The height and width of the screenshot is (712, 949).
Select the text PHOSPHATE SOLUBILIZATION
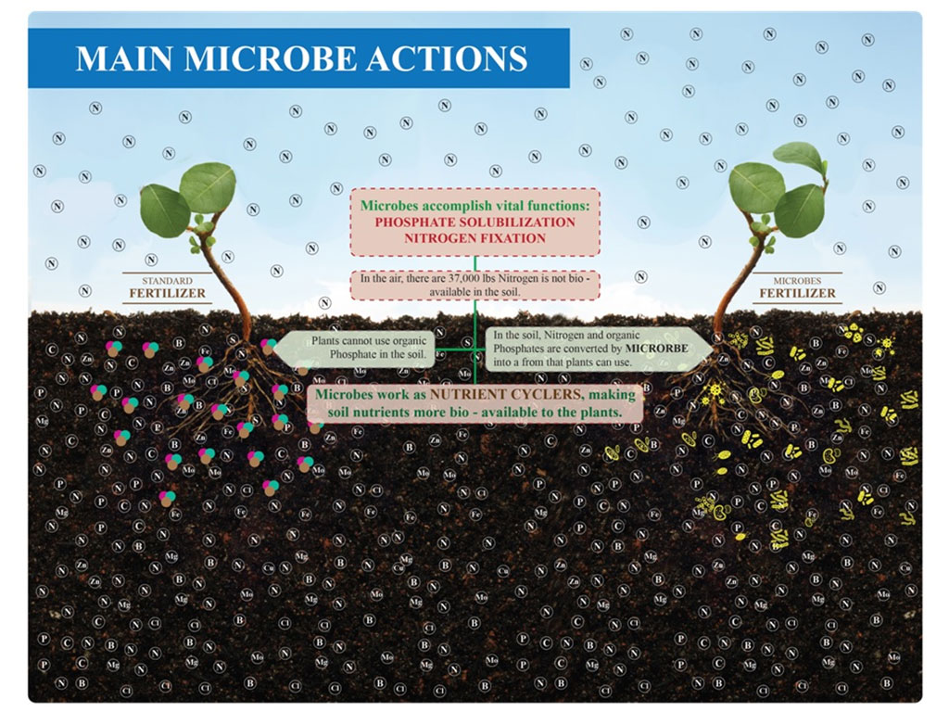(475, 222)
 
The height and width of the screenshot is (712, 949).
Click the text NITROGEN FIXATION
(475, 238)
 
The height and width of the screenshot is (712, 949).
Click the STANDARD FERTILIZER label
(167, 288)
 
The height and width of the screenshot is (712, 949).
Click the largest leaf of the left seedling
(207, 186)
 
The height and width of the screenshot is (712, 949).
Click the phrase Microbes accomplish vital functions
(475, 205)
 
